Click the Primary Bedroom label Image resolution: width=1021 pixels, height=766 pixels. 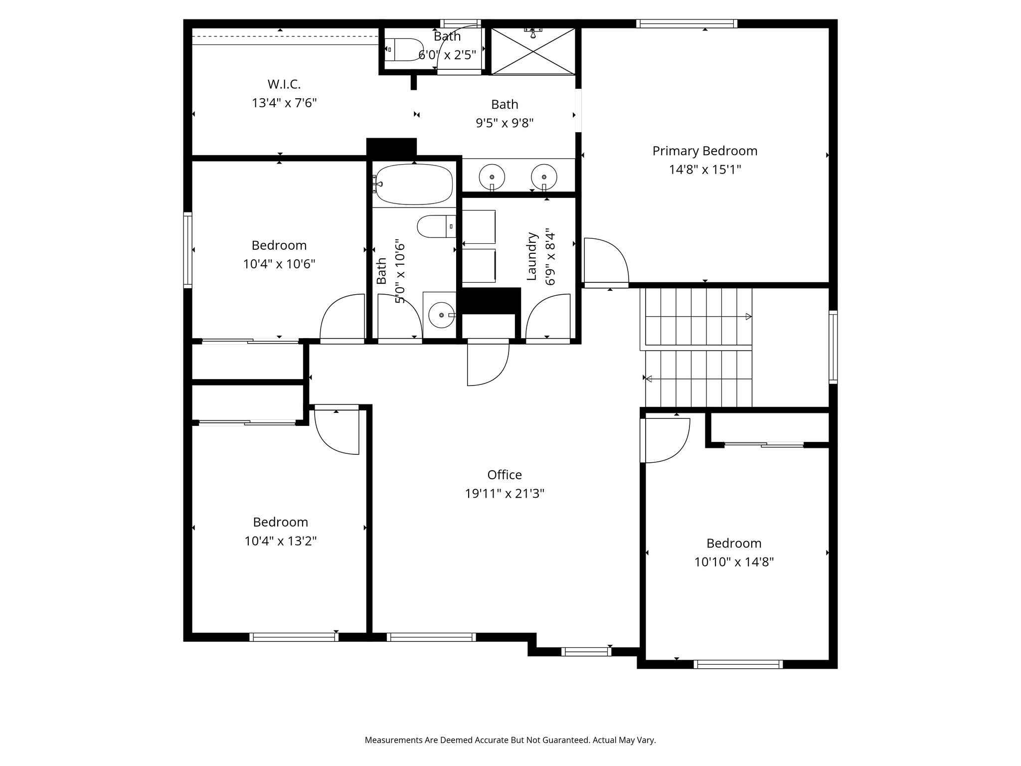[x=704, y=151]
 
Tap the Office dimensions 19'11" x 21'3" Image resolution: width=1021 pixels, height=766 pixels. [x=505, y=494]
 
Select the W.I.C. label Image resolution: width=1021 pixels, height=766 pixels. [x=284, y=84]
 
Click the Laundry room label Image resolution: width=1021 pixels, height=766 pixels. [x=531, y=256]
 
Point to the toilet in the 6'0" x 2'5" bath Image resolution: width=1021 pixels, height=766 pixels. [x=403, y=49]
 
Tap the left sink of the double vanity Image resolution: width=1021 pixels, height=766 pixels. [x=492, y=177]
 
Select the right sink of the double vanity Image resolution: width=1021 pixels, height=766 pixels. [x=544, y=177]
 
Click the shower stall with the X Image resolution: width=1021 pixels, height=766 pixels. [x=533, y=51]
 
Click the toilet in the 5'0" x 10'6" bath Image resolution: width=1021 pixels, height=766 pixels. [x=436, y=226]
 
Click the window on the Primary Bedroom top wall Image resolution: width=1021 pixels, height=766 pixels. [x=686, y=23]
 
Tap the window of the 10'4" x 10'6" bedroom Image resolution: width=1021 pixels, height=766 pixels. [x=188, y=250]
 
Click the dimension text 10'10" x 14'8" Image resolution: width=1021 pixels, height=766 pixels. [x=734, y=563]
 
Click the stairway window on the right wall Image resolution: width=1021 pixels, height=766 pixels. [x=833, y=347]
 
